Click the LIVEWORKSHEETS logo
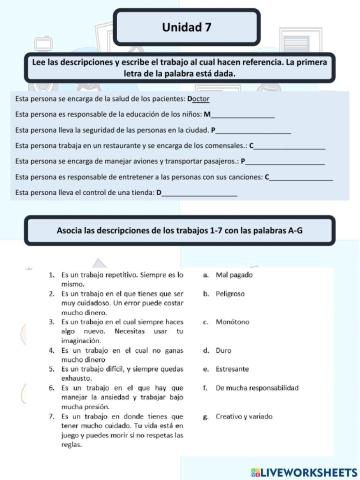(304, 467)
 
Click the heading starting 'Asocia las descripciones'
(180, 231)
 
